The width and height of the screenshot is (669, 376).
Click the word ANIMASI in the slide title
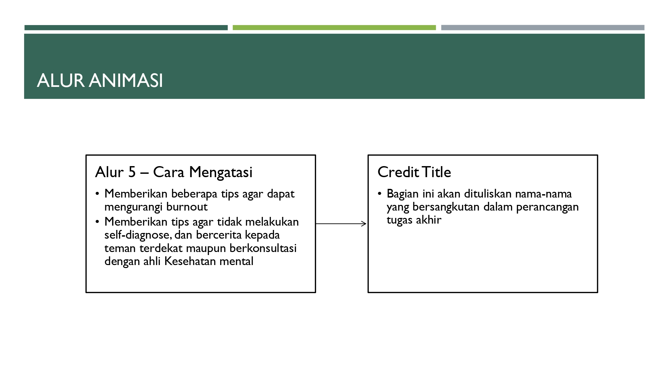tap(126, 81)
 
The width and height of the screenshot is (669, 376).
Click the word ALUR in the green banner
tap(61, 81)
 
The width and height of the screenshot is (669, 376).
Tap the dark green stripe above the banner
tap(126, 28)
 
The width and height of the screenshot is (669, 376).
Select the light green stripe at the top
tap(334, 28)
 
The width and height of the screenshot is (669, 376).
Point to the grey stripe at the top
tap(543, 28)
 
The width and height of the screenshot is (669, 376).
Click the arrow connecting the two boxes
tap(341, 224)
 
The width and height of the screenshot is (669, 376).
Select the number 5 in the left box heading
tap(132, 172)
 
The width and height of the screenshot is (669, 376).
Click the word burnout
tap(187, 207)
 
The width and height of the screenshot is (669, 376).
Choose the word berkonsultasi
tap(263, 248)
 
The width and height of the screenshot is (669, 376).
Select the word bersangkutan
tap(446, 207)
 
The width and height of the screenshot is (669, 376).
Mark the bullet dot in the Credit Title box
tap(380, 194)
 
